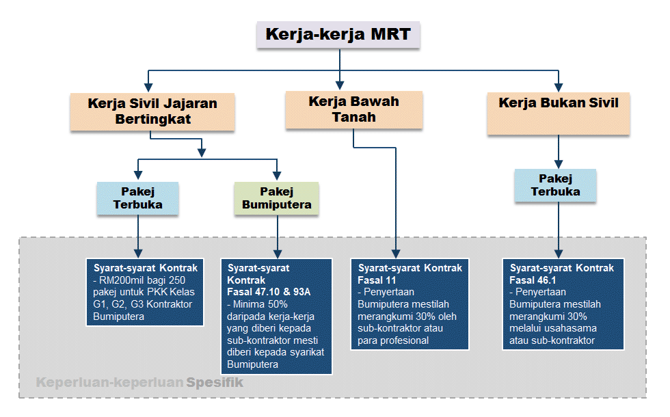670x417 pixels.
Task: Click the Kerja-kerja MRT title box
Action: click(x=338, y=35)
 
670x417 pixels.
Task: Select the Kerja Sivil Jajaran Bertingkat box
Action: click(x=152, y=112)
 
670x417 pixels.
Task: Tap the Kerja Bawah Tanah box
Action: click(x=353, y=109)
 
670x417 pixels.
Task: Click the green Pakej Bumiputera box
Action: click(x=276, y=198)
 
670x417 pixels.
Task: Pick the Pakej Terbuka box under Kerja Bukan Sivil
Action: click(x=555, y=185)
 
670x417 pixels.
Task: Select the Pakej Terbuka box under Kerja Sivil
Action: click(x=137, y=198)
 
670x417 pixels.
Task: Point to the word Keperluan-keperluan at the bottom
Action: click(x=109, y=383)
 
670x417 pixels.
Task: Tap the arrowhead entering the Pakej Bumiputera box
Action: click(x=277, y=176)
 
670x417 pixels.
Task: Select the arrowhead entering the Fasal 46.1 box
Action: click(x=559, y=252)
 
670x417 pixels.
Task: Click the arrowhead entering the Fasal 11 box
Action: click(x=397, y=252)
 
